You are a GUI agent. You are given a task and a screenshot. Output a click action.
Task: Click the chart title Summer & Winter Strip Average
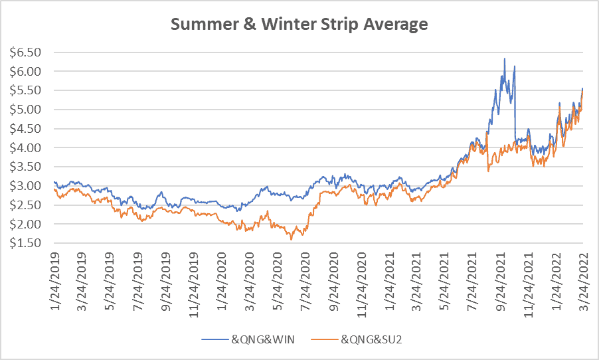point(299,24)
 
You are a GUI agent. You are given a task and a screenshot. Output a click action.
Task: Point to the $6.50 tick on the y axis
point(26,52)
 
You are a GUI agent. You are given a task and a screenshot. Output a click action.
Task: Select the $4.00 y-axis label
point(26,147)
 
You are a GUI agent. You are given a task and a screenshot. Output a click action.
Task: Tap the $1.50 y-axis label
point(26,243)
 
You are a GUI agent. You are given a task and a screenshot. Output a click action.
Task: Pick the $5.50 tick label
point(26,90)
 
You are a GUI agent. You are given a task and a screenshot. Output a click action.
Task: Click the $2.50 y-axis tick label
point(26,205)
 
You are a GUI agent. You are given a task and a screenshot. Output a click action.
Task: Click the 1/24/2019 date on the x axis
point(54,281)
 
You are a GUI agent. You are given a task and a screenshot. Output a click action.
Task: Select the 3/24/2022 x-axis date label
point(583,281)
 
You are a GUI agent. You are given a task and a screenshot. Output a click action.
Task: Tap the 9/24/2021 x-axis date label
point(500,281)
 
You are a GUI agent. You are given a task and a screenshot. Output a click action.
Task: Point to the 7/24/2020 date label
point(305,281)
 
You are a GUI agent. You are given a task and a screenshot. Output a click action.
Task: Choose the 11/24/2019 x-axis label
point(194,285)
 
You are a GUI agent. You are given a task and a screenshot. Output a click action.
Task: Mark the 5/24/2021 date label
point(444,281)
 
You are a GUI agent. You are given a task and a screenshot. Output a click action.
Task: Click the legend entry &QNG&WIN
point(263,339)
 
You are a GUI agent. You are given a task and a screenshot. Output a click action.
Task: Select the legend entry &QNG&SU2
point(371,339)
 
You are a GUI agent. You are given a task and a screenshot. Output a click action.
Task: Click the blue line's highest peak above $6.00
point(505,58)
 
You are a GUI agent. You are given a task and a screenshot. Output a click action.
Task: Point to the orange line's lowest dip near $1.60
point(291,240)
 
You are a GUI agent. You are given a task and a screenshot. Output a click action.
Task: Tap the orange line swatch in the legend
point(324,339)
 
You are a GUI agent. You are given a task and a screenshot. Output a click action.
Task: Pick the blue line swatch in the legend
point(215,339)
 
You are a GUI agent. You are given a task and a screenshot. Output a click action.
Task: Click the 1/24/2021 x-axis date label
point(389,281)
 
